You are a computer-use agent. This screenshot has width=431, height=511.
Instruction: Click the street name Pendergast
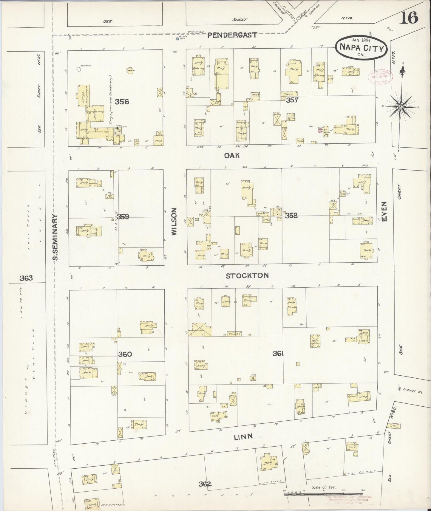click(232, 35)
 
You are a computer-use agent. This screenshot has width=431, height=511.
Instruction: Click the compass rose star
click(401, 106)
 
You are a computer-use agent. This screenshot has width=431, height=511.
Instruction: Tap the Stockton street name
click(247, 275)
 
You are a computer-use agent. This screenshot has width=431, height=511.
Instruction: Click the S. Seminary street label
click(55, 237)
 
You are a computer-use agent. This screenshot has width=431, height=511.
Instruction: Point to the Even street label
click(384, 211)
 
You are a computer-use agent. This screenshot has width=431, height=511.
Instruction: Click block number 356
click(122, 102)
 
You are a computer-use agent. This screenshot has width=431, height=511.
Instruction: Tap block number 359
click(123, 216)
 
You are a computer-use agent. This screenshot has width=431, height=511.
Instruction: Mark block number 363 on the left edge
click(26, 278)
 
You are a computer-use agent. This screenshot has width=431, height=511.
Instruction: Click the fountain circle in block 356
click(78, 69)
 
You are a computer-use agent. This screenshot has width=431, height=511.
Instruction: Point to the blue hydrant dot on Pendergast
click(177, 38)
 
